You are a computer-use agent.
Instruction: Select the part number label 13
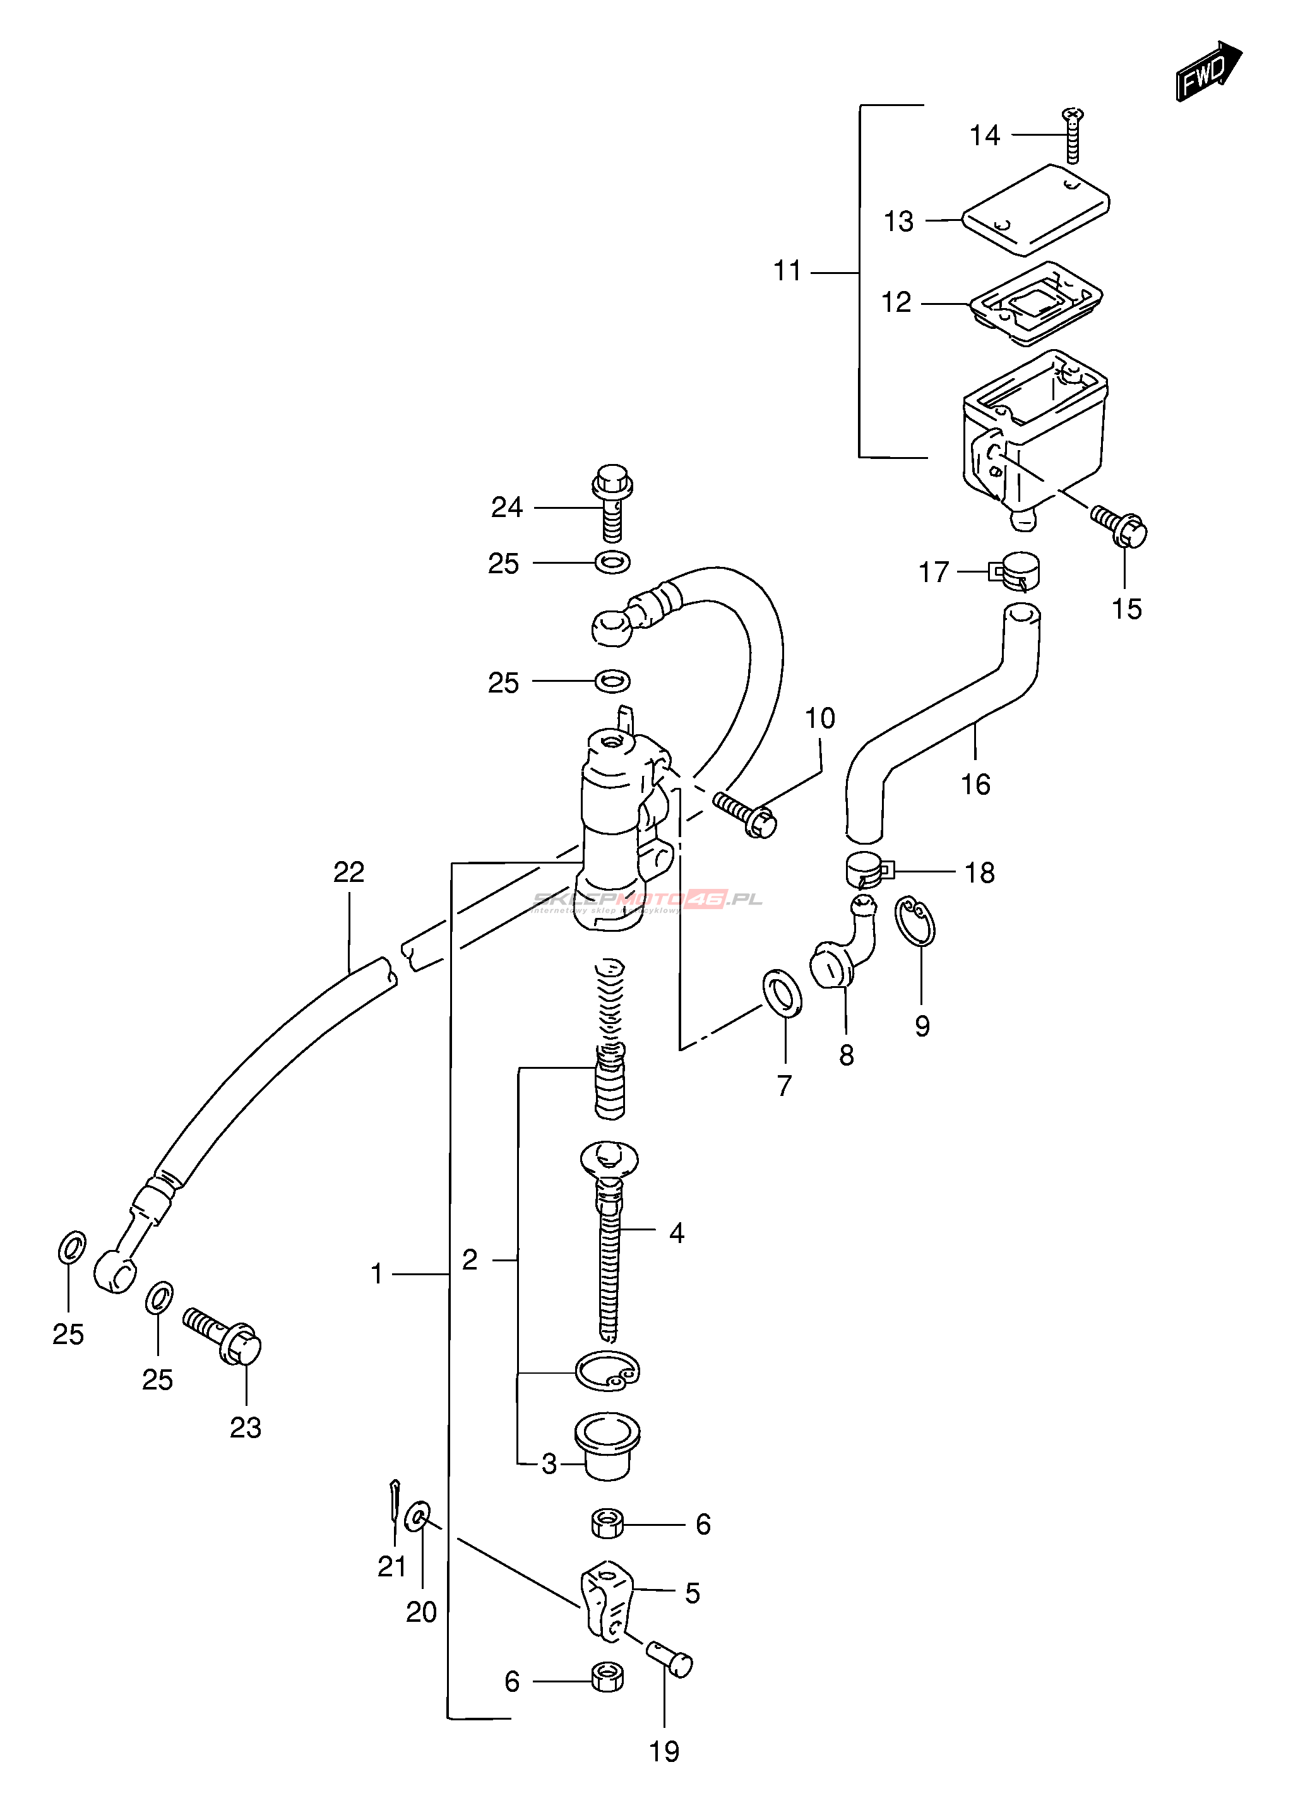coord(899,222)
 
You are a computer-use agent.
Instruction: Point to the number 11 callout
coord(788,272)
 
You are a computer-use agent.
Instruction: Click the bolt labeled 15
coord(1122,527)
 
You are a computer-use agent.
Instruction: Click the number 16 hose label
coord(976,785)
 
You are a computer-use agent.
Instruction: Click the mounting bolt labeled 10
coord(746,813)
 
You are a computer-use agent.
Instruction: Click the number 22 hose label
coord(349,872)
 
